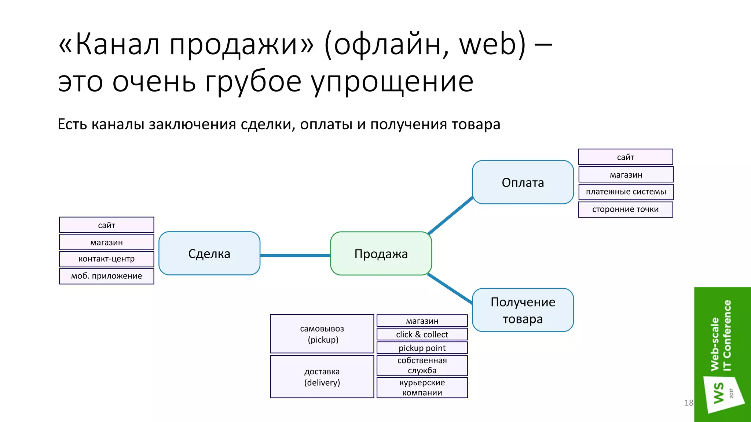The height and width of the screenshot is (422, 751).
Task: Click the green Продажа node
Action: [381, 253]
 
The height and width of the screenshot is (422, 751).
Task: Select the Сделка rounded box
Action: [209, 253]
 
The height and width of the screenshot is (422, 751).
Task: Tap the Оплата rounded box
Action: [523, 182]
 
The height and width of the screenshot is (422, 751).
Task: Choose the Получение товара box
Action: [523, 310]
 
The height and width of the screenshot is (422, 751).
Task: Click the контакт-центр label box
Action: [107, 259]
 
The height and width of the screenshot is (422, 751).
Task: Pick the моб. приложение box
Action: [107, 276]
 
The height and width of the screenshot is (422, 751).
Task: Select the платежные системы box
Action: [626, 192]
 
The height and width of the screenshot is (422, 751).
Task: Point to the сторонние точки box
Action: [626, 210]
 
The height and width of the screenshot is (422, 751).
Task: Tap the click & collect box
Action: [422, 334]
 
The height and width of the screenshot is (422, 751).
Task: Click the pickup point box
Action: [422, 348]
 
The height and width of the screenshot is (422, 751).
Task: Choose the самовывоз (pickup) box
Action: [322, 334]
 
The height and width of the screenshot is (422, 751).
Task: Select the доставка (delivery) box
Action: [322, 377]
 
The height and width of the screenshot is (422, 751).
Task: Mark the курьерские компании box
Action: [422, 388]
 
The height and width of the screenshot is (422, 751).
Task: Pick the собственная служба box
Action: [422, 366]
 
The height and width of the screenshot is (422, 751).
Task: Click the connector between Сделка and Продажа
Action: [295, 255]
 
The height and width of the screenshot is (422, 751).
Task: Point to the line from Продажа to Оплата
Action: [451, 215]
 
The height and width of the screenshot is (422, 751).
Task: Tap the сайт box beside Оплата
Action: [626, 157]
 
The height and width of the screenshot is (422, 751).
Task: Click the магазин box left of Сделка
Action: [107, 243]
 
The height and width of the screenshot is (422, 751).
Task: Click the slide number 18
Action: [689, 403]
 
